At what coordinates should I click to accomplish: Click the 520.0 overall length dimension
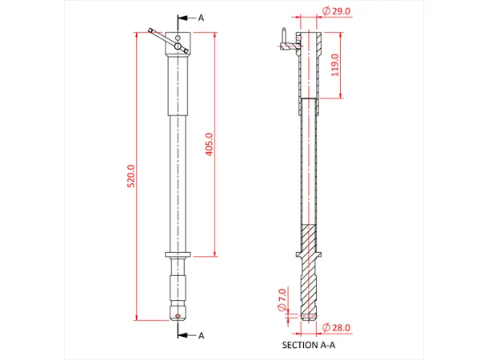(x=131, y=176)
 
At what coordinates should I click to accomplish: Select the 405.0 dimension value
(x=210, y=145)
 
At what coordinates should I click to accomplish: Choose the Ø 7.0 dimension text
(x=281, y=298)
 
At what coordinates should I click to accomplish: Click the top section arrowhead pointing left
(x=181, y=17)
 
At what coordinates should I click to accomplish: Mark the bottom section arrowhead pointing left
(x=181, y=335)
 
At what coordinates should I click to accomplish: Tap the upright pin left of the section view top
(x=282, y=37)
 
